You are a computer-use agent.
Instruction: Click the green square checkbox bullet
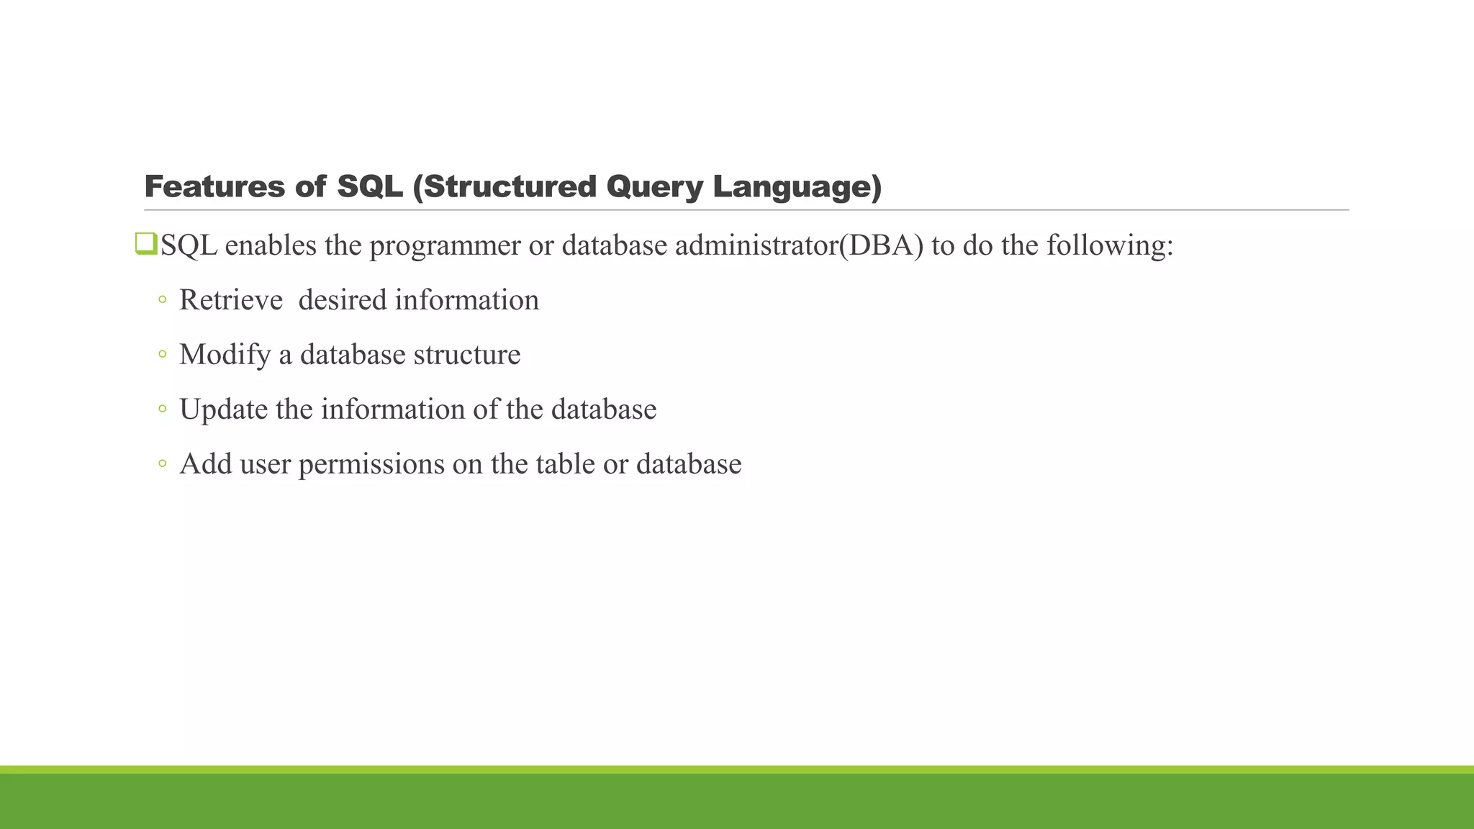pos(145,244)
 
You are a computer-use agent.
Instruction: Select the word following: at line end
pos(1110,246)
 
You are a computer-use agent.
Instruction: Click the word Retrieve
pos(231,300)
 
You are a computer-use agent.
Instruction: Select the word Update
pos(223,409)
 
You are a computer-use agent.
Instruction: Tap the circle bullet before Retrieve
pos(163,299)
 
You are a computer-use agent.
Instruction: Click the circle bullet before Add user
pos(163,463)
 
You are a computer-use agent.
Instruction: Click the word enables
pos(271,246)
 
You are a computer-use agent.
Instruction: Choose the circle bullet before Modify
pos(163,354)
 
